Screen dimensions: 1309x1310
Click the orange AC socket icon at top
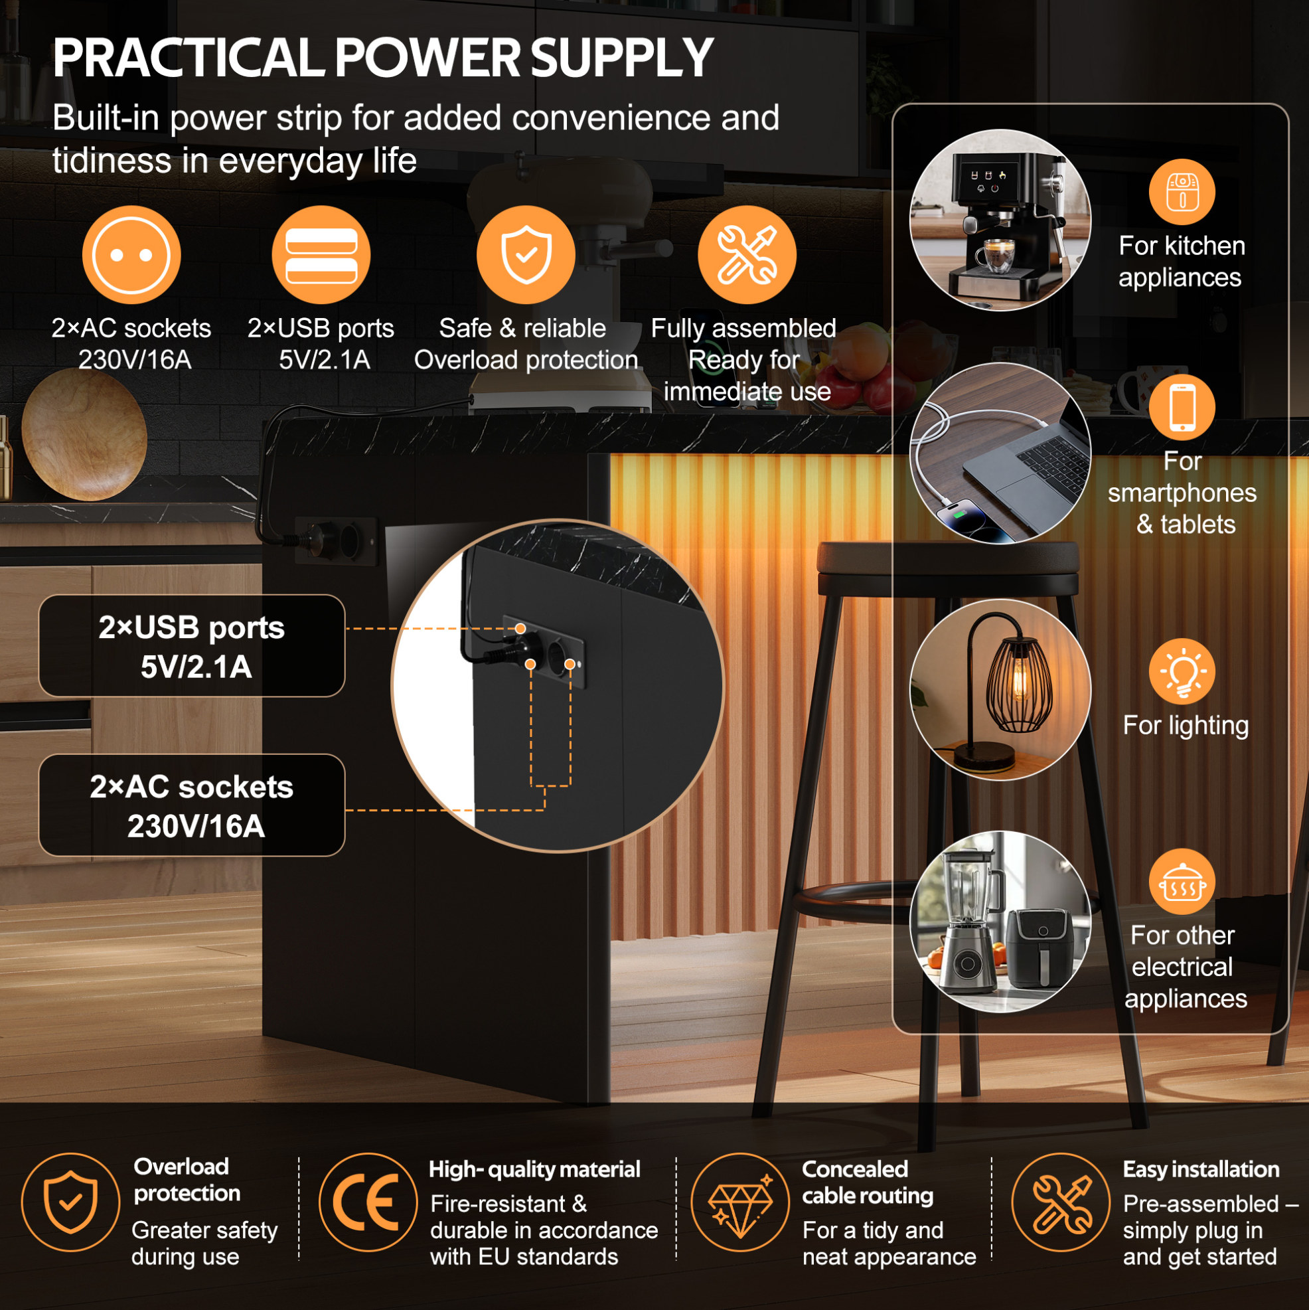pos(131,255)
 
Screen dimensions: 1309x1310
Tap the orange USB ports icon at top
pos(321,255)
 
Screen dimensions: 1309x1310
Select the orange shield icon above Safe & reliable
pos(526,255)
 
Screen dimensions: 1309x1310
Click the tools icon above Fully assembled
pos(747,255)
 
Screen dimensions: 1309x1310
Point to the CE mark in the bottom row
pos(368,1203)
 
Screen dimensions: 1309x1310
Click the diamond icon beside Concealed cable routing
pos(740,1203)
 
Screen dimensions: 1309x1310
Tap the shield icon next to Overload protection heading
pos(70,1203)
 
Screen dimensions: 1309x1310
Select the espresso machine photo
pos(1000,220)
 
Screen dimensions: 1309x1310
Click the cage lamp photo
pos(1000,690)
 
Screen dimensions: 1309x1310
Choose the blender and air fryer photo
pos(1000,922)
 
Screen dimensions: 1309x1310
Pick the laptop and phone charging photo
pos(1000,453)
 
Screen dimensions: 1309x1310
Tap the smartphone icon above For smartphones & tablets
pos(1182,407)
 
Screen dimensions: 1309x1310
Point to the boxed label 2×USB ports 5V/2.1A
pos(192,646)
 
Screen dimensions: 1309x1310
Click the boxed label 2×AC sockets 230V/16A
pos(192,805)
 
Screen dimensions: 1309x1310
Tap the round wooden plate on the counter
pos(84,435)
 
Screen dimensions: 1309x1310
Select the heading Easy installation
pos(1201,1170)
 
